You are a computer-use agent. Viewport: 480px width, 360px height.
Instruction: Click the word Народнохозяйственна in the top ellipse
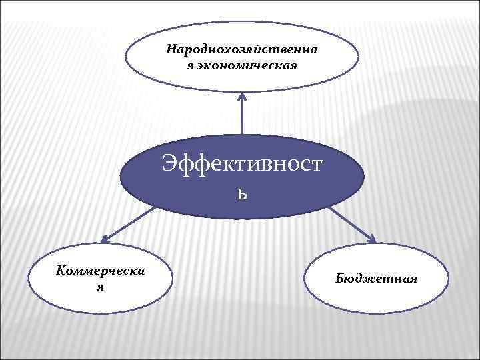(242, 49)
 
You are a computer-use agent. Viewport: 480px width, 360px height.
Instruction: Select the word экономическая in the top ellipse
(247, 65)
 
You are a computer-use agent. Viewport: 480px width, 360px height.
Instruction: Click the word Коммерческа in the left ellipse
(102, 270)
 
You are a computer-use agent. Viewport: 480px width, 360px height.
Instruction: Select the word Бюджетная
(377, 278)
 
